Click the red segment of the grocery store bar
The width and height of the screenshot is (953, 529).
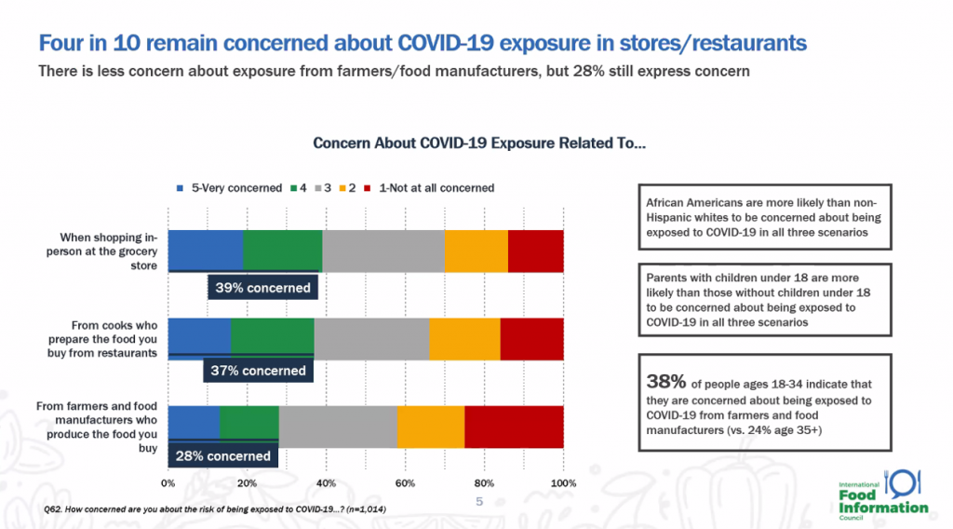(x=535, y=251)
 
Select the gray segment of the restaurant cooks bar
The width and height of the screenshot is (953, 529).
(x=371, y=339)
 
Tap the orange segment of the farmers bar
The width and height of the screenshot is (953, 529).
(x=431, y=427)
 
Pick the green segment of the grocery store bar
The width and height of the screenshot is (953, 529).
(x=283, y=251)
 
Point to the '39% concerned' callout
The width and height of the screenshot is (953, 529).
(x=262, y=288)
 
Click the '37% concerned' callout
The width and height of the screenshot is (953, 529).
(x=259, y=371)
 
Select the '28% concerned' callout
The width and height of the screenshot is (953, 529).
(x=223, y=456)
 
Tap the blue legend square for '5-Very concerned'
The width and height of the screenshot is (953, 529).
(x=180, y=188)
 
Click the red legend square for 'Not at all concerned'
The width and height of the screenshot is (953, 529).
(x=367, y=188)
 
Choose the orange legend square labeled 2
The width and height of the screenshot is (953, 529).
(x=342, y=188)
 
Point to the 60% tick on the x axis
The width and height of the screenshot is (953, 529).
(x=406, y=483)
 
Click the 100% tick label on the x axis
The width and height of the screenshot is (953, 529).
(x=563, y=483)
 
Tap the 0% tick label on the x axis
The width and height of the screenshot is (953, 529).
(x=168, y=483)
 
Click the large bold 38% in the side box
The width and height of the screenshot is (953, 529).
(x=666, y=382)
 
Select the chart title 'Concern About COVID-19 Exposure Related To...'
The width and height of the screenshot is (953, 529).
(x=479, y=142)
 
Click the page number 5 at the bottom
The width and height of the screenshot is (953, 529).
(x=479, y=502)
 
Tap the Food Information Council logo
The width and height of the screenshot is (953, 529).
(x=883, y=495)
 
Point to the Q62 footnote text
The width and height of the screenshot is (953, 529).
(x=215, y=509)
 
